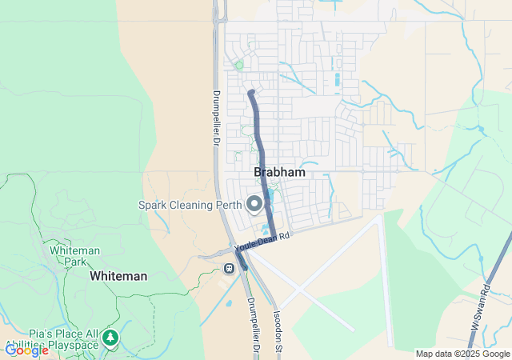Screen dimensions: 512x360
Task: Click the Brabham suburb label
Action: coord(279,172)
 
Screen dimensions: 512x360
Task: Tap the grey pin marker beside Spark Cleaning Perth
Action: coord(254,205)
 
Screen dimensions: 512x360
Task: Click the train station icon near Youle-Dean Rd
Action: coord(230,268)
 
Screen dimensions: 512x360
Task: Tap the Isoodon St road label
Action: coord(278,328)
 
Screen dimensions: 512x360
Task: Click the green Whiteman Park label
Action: coord(74,256)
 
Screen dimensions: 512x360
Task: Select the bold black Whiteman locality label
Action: coord(118,276)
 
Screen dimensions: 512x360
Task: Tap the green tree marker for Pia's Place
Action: coord(110,338)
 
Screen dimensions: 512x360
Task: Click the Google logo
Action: coord(26,350)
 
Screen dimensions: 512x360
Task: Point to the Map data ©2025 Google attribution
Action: coord(462,354)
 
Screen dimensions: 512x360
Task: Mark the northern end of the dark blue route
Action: coord(251,93)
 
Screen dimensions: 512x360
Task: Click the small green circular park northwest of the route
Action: coord(238,65)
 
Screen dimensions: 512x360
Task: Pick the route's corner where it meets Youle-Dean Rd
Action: coord(274,237)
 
